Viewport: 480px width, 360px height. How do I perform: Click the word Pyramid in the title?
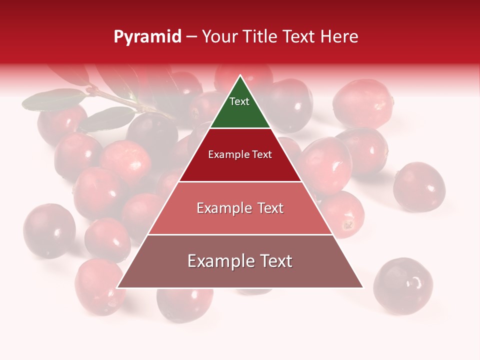[147, 37]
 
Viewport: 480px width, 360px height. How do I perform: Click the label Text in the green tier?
[239, 101]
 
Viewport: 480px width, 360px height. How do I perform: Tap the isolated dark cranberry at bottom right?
[403, 285]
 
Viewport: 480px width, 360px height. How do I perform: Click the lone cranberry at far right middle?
[419, 186]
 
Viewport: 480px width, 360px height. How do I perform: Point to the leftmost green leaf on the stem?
[53, 100]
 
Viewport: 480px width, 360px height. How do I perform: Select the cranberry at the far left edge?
[49, 230]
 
